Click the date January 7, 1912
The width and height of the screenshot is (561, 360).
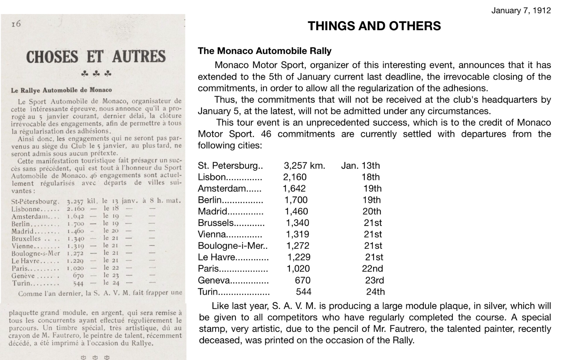(521, 11)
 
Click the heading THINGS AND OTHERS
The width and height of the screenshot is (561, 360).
(374, 26)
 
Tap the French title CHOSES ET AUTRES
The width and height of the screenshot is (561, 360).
(96, 57)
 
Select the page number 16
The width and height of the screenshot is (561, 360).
(16, 24)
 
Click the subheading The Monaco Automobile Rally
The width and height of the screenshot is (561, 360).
(264, 51)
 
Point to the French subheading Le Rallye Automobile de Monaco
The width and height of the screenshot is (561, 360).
(61, 90)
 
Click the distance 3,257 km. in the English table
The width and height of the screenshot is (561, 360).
(304, 166)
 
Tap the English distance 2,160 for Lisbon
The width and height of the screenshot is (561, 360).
(295, 177)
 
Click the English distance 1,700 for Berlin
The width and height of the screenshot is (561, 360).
(296, 200)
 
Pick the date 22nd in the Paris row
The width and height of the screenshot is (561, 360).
(372, 269)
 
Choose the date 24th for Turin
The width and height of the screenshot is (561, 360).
(375, 292)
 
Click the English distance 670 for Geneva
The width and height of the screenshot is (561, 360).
(303, 280)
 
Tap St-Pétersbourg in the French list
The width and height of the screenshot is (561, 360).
(35, 201)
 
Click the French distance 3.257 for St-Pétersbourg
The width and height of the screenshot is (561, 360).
(75, 202)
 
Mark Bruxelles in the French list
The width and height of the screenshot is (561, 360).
(26, 239)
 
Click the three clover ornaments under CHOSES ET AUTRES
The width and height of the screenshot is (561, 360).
(96, 74)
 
